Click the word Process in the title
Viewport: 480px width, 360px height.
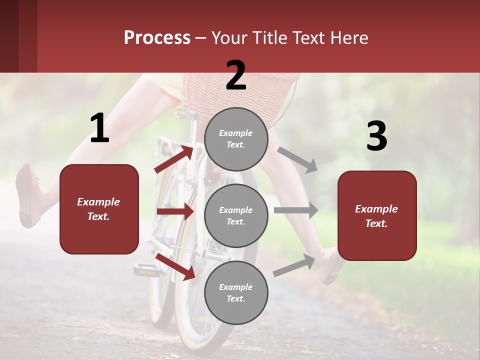pos(157,38)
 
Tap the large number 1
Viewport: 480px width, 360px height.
pos(99,128)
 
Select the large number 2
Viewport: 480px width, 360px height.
pos(236,75)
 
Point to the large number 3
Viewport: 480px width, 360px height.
pos(377,136)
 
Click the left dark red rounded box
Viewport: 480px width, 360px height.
pos(99,209)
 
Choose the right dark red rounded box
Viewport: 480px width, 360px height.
pos(377,215)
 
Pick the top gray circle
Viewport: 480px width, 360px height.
pos(236,139)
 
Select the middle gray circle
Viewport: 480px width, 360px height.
pos(236,215)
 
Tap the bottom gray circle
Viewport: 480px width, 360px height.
pos(236,292)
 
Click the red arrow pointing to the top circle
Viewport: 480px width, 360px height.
pos(173,159)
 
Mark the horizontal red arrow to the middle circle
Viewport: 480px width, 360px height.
pos(175,211)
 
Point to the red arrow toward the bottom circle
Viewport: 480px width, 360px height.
pos(175,266)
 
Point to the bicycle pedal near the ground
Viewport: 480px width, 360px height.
pos(146,270)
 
